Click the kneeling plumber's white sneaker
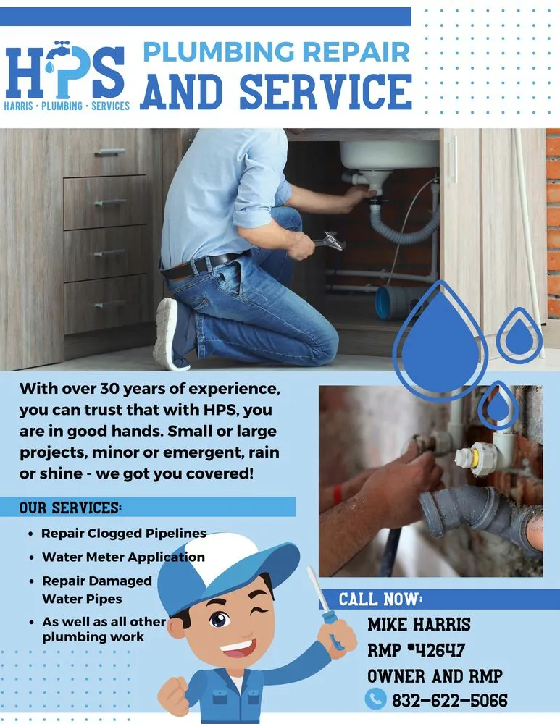pos(166,334)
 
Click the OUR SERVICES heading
pos(71,507)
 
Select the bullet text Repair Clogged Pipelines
pos(123,534)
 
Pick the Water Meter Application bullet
pos(123,557)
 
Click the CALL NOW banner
pos(380,599)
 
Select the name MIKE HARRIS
pos(419,624)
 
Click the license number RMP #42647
pos(416,650)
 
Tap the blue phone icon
pos(375,699)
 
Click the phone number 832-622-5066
pos(449,700)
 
